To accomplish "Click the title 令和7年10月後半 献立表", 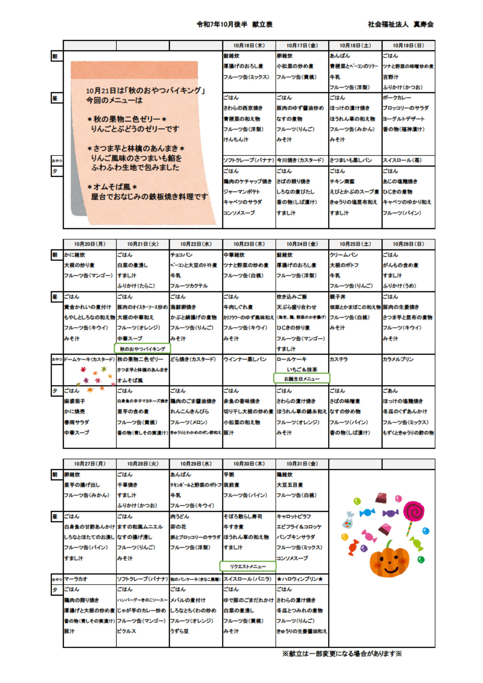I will point(235,24).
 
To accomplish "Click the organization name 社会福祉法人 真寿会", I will point(401,24).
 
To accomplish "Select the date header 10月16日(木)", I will point(249,46).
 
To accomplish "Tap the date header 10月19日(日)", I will point(408,46).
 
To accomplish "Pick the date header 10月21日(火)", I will point(142,244).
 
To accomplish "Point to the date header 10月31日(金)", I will point(302,464).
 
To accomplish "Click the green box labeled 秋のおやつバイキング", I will point(142,348).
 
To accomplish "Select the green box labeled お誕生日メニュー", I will point(302,378).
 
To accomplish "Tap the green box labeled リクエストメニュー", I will point(248,566).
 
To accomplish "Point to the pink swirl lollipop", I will point(414,512).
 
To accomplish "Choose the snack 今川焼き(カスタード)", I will point(300,160).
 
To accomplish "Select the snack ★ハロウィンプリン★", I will point(300,579).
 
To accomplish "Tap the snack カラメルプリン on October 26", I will point(398,359).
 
